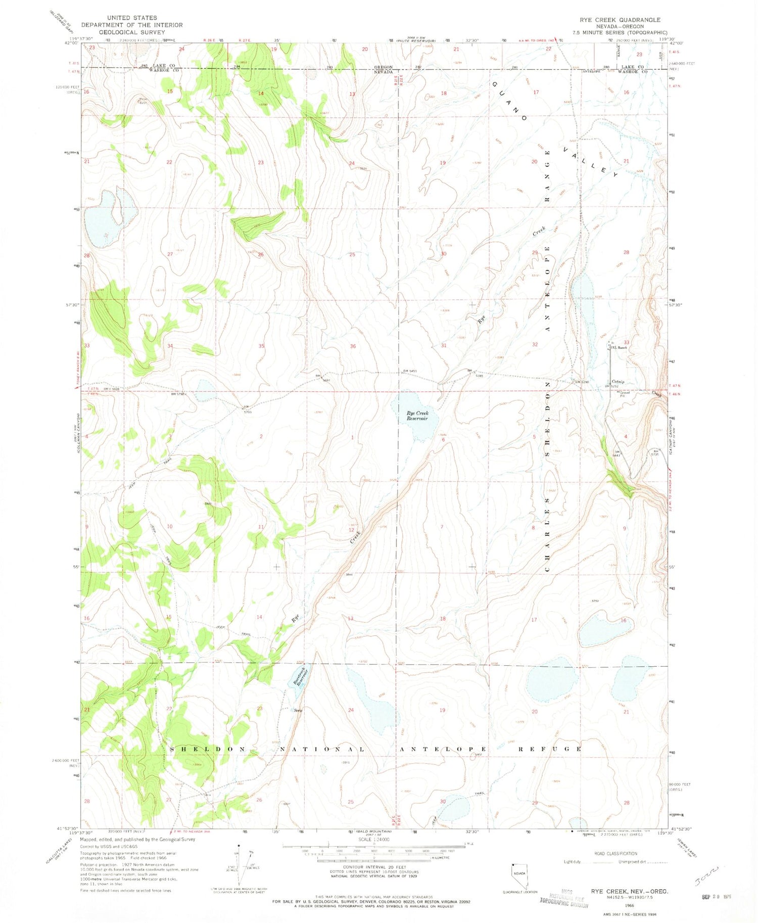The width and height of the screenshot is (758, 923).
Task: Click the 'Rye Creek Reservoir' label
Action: [x=417, y=416]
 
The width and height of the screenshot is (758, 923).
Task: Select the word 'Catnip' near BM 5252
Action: [x=618, y=382]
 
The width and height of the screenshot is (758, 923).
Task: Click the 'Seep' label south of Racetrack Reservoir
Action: [x=298, y=710]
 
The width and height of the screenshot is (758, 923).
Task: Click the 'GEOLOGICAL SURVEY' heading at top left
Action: [x=131, y=31]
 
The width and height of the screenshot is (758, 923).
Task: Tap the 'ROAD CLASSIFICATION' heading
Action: [x=615, y=853]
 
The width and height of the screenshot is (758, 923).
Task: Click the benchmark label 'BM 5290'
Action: [x=582, y=382]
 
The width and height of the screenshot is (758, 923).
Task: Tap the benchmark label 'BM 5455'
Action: [x=410, y=371]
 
